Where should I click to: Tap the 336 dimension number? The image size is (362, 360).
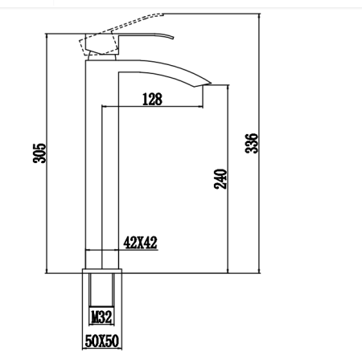251,143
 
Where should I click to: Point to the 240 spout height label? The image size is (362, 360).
222,178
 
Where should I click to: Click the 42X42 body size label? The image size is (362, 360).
139,242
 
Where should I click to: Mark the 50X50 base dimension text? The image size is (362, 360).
102,342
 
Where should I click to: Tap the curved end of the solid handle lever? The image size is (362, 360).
171,36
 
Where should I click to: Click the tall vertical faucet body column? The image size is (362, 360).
93,161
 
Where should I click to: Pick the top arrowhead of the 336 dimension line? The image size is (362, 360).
261,16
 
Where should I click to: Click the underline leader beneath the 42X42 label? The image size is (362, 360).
139,250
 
